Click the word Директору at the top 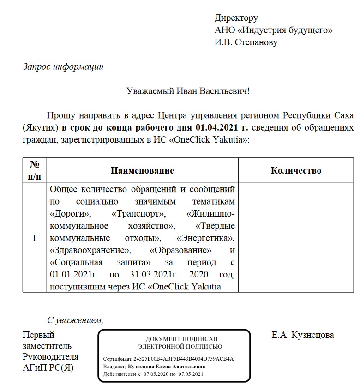coord(236,18)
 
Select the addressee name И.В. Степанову coord(246,42)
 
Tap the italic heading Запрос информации coord(63,66)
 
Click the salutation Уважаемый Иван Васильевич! coord(188,91)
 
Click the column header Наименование coord(142,171)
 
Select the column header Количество coord(295,171)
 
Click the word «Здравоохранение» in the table coord(88,251)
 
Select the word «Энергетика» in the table coord(205,239)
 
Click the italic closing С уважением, coord(75,320)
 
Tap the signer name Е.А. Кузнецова coord(303,335)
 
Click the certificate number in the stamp coord(184,359)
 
